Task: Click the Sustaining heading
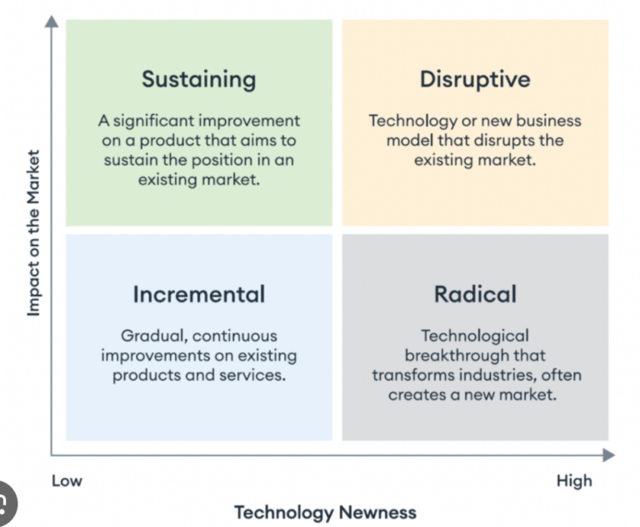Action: [x=199, y=80]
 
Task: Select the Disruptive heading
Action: [x=475, y=79]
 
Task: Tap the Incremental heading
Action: [x=199, y=294]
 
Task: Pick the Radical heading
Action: [x=475, y=294]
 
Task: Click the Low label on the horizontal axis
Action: [x=67, y=481]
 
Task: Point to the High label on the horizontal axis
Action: [x=574, y=481]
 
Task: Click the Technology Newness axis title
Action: [x=325, y=513]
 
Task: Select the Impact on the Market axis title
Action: [x=33, y=233]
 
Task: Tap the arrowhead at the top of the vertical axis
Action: [x=52, y=21]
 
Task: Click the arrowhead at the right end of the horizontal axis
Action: [x=608, y=455]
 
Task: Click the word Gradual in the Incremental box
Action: [x=154, y=336]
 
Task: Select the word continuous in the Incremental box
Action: [x=235, y=336]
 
